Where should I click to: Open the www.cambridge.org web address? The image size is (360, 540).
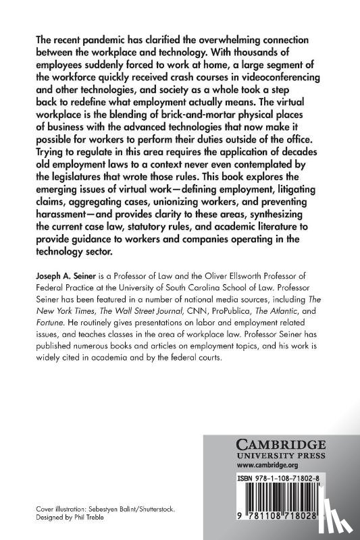point(260,464)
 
